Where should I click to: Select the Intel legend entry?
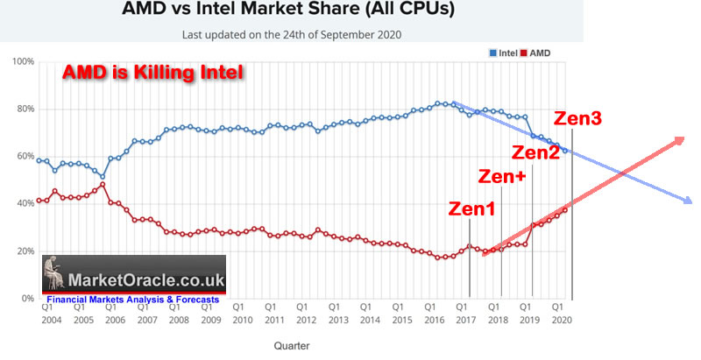pyautogui.click(x=499, y=54)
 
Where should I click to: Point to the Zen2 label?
pyautogui.click(x=536, y=152)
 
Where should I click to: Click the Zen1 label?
pyautogui.click(x=471, y=209)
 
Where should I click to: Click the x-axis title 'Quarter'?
pyautogui.click(x=291, y=346)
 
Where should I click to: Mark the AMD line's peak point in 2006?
pyautogui.click(x=103, y=184)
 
